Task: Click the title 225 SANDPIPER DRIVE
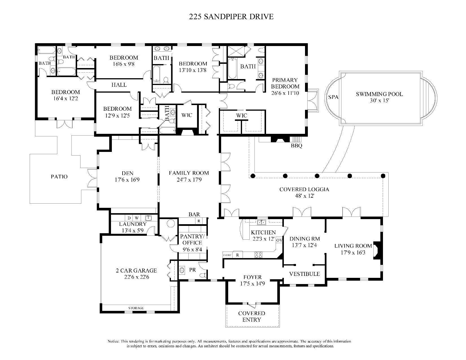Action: tap(231, 17)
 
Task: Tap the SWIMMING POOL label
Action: tap(379, 94)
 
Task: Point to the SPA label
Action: tap(333, 97)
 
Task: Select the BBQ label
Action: tap(297, 146)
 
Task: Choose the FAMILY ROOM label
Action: tap(189, 173)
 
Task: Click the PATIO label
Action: tap(59, 177)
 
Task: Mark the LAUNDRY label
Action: tap(133, 224)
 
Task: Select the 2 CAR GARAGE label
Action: tap(136, 270)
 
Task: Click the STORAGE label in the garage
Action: tap(136, 308)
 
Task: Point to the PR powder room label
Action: tap(193, 270)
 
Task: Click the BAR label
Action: tap(194, 215)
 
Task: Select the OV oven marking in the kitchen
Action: tap(279, 240)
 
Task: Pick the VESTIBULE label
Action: tap(304, 274)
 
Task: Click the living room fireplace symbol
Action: tap(378, 250)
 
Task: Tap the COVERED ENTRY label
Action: tap(252, 317)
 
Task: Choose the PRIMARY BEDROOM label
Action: tap(285, 83)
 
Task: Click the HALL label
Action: tap(119, 85)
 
